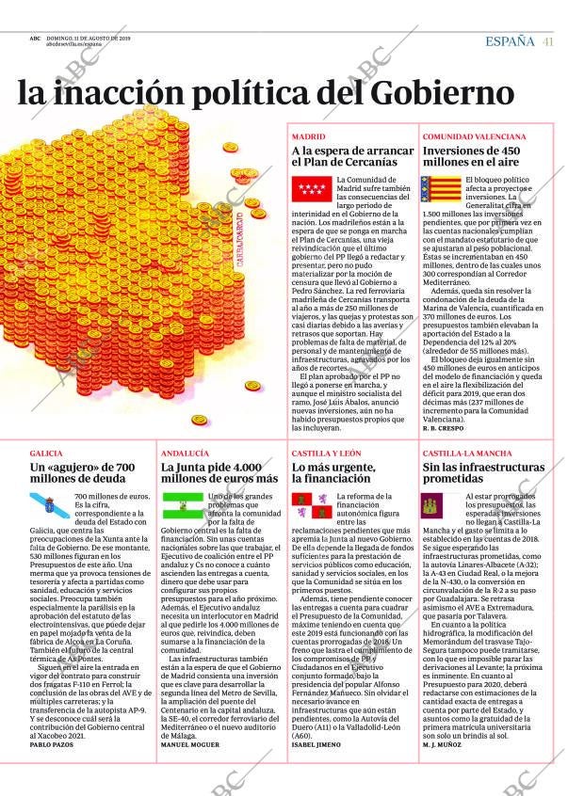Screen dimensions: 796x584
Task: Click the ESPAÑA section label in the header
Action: [510, 40]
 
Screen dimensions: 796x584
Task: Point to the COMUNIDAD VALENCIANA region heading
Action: [474, 136]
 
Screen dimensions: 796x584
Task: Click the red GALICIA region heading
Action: [46, 453]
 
